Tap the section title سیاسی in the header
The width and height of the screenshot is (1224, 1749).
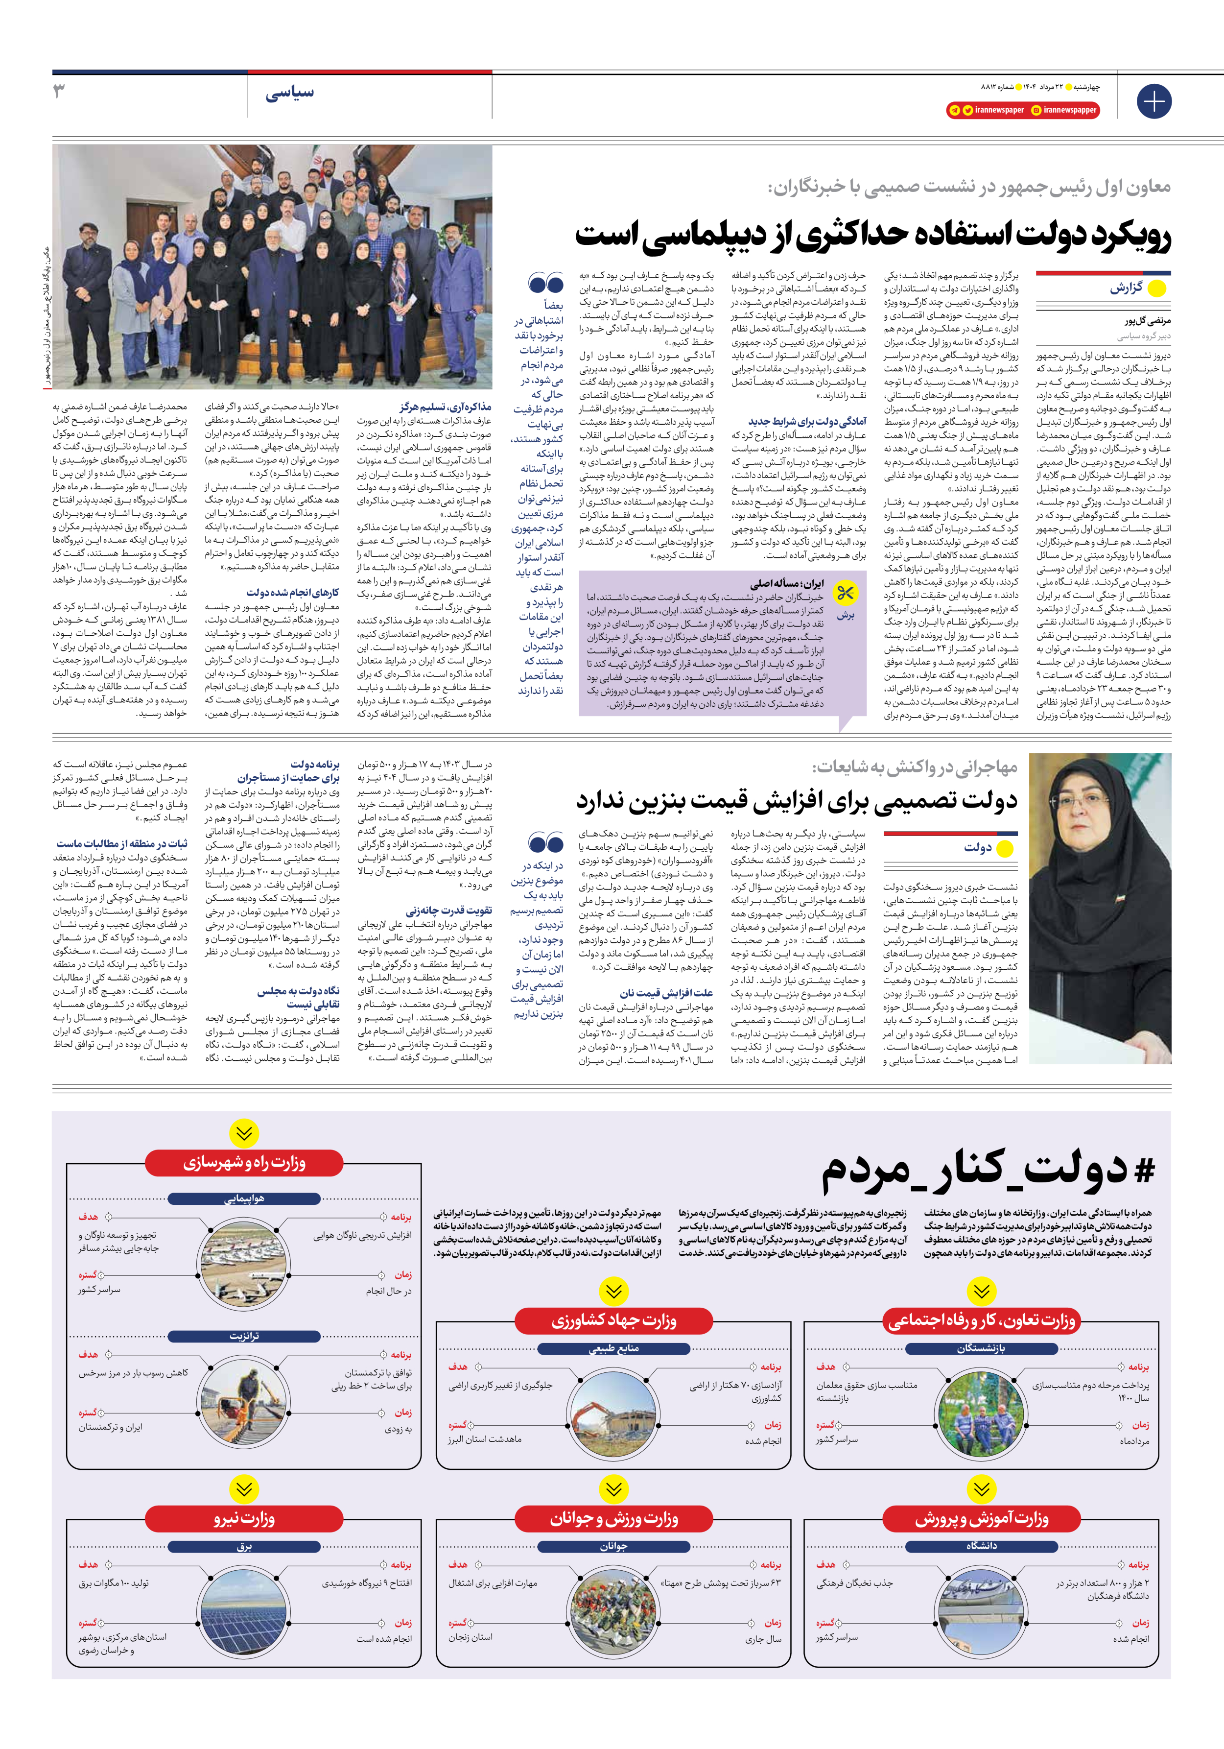(289, 94)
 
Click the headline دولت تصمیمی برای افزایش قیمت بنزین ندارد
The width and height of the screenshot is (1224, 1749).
(796, 801)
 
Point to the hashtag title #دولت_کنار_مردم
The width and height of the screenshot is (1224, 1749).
(987, 1172)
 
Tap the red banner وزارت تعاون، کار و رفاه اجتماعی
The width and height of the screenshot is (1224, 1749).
(981, 1320)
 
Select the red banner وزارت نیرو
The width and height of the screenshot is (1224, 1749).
(244, 1518)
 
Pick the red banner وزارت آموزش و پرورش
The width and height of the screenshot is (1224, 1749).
(981, 1518)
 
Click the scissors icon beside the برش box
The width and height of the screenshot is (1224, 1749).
(846, 594)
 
